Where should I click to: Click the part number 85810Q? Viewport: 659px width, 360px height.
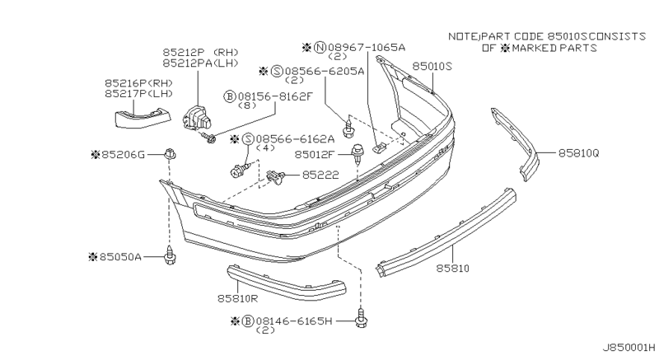[579, 153]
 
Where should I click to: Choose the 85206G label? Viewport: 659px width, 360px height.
[126, 153]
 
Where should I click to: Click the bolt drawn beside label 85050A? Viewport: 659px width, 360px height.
[171, 256]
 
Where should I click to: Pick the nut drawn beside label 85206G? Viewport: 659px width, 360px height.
[169, 153]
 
